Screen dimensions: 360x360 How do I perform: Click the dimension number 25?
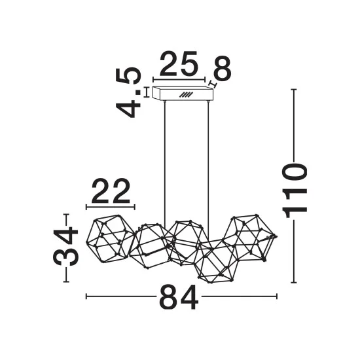point(179,63)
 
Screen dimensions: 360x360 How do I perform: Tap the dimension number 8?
point(222,67)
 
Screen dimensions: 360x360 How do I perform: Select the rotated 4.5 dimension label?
point(128,92)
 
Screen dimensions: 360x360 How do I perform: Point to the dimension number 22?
point(111,190)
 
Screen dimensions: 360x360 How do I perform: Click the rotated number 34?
point(66,246)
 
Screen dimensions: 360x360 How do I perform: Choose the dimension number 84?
point(179,297)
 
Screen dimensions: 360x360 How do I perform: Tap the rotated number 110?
point(295,190)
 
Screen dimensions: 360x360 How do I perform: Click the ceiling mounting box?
point(183,94)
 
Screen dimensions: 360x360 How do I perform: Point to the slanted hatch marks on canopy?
point(186,95)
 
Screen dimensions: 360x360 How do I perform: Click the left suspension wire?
point(164,163)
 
